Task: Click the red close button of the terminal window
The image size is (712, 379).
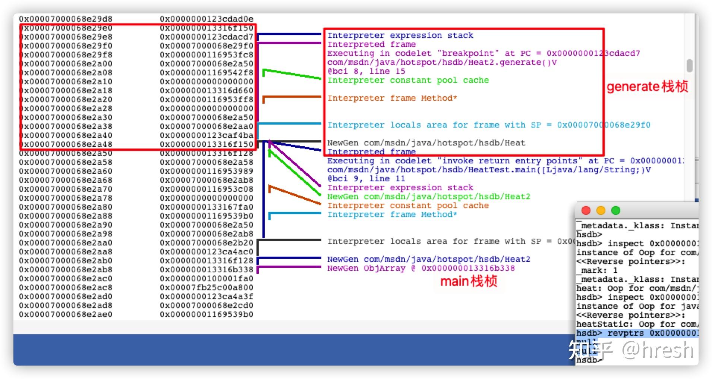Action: point(586,211)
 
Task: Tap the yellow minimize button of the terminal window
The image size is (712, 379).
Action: point(601,211)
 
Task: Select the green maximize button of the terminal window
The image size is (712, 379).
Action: point(616,211)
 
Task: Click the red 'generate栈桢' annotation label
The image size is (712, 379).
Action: point(647,87)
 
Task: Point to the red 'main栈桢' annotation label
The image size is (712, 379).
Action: point(469,281)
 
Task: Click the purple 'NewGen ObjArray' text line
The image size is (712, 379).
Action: point(420,268)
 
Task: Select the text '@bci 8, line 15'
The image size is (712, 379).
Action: point(366,71)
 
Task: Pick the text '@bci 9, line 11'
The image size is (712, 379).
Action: point(366,179)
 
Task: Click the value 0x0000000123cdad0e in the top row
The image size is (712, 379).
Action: point(207,19)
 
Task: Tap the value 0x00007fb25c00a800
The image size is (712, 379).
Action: point(207,288)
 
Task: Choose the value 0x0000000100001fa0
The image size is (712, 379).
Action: point(207,279)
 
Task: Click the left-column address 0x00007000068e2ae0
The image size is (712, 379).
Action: point(66,314)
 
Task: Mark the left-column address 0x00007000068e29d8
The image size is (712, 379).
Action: point(66,19)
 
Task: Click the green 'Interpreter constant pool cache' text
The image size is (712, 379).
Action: point(408,80)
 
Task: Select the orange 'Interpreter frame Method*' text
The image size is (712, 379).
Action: point(392,98)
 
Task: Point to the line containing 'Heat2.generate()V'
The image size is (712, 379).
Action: point(442,62)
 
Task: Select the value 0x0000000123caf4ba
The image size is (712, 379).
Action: point(207,135)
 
